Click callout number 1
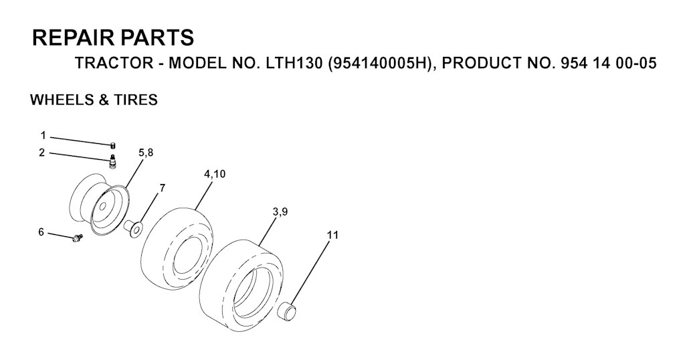(x=43, y=136)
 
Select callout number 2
(x=42, y=153)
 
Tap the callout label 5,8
(x=146, y=153)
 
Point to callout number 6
(x=41, y=232)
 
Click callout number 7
(x=163, y=188)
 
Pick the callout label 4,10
(x=215, y=174)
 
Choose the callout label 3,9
(x=280, y=212)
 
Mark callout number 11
(x=333, y=235)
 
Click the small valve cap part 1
(x=112, y=145)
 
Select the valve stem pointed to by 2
(x=112, y=161)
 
